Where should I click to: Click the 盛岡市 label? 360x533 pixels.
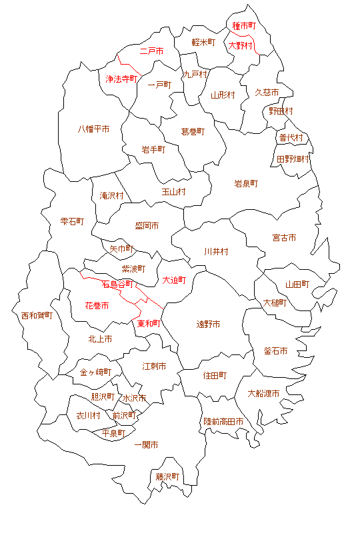tap(147, 226)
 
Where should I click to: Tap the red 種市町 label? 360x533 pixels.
tap(244, 26)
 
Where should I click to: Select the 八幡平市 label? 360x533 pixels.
tap(93, 129)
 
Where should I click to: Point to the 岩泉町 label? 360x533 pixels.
tap(246, 183)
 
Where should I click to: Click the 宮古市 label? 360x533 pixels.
tap(284, 238)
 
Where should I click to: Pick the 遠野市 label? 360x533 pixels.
tap(208, 324)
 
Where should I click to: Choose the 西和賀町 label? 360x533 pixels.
tap(37, 315)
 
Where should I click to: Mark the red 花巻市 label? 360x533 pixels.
tap(97, 305)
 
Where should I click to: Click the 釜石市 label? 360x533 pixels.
tap(276, 350)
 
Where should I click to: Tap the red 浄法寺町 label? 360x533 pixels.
tap(121, 79)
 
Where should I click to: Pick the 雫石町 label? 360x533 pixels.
tap(72, 221)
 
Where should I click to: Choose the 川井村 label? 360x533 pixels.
tap(216, 252)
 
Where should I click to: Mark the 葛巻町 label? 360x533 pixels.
tap(193, 132)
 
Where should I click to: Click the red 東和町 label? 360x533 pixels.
tap(149, 324)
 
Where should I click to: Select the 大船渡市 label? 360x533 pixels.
tap(263, 393)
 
